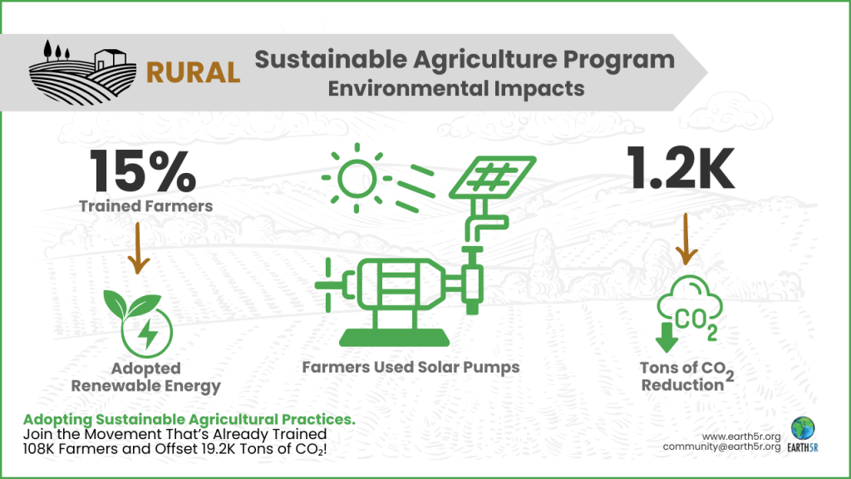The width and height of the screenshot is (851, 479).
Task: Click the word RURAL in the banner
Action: tap(193, 73)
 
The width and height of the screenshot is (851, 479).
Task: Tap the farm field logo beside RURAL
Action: tap(82, 72)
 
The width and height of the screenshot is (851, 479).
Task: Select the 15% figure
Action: tap(143, 171)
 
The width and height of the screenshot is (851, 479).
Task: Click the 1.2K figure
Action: tap(681, 168)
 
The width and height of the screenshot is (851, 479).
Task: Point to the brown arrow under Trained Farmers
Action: tap(138, 249)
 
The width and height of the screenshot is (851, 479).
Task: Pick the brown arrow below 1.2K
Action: tap(686, 239)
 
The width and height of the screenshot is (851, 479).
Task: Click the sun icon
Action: tap(357, 178)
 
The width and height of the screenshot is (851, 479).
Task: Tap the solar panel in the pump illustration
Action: tap(492, 176)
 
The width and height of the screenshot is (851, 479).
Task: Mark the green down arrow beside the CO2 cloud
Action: tap(667, 338)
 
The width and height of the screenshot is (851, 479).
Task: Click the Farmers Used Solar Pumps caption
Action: tap(411, 367)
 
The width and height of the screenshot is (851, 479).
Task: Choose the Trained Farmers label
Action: tap(146, 206)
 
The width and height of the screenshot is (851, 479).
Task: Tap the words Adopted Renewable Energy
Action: tap(146, 378)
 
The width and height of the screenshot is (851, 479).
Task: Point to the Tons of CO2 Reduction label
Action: tap(687, 377)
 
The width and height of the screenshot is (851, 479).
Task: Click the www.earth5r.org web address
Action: tap(741, 437)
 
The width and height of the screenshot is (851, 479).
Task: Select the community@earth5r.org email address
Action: tap(722, 447)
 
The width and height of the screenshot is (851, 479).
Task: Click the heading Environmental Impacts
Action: tap(456, 88)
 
